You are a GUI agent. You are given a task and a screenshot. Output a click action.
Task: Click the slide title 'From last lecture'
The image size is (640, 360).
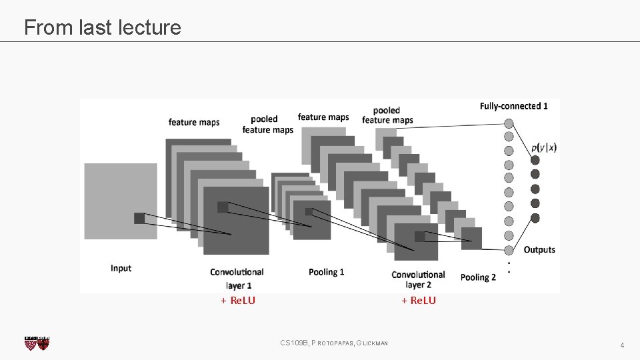[x=102, y=27]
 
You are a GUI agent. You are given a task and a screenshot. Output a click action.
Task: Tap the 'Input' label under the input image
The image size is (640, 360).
[x=121, y=268]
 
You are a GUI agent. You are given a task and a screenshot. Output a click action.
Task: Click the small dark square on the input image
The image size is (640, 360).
[x=139, y=218]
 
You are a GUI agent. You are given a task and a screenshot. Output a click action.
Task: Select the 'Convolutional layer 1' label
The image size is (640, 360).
[x=237, y=278]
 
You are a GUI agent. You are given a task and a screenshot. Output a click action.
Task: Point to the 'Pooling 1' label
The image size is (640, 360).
[x=327, y=272]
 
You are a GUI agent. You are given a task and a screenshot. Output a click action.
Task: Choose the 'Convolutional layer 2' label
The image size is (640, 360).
[x=418, y=279]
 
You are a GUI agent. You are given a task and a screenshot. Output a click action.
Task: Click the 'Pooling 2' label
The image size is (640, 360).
[x=478, y=277]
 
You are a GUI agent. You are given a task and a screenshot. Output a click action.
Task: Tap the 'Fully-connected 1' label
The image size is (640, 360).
[x=513, y=106]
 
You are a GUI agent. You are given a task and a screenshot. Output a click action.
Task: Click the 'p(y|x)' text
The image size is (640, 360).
[x=544, y=147]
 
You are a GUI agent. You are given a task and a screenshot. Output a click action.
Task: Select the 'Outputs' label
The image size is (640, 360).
[x=539, y=249]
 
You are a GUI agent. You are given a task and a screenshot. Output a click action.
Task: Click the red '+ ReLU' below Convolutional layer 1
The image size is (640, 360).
[x=238, y=301]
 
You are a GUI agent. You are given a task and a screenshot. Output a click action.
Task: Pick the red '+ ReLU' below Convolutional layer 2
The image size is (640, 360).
[x=419, y=301]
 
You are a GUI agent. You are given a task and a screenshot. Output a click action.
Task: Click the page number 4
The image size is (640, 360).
[x=621, y=345]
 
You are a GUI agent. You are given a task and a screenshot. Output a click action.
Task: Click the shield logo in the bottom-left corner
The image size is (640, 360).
[x=37, y=343]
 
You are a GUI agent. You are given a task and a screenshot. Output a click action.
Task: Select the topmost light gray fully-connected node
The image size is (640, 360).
[x=509, y=123]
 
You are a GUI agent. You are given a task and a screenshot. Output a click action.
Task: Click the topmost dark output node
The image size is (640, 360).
[x=535, y=159]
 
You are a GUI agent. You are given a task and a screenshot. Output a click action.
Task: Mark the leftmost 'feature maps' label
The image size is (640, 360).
[x=193, y=122]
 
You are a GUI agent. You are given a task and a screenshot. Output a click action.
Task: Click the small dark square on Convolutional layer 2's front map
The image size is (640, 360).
[x=419, y=236]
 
